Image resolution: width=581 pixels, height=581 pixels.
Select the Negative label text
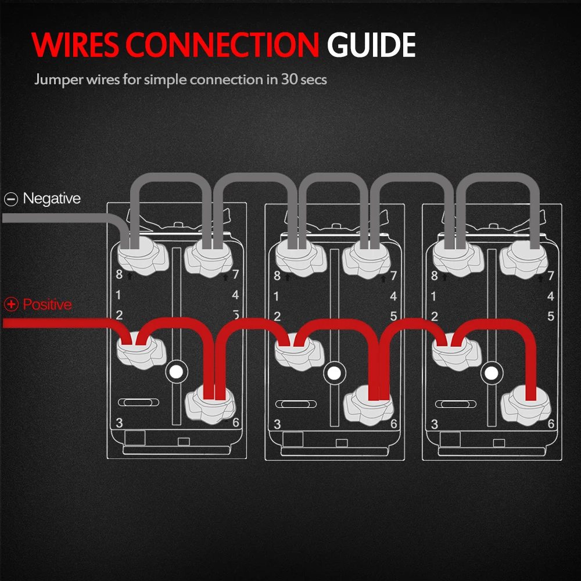pos(52,199)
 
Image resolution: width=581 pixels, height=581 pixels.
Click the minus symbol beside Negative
pos(11,199)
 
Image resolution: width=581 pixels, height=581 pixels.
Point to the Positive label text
pos(48,304)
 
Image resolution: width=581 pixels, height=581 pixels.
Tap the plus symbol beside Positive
pos(11,304)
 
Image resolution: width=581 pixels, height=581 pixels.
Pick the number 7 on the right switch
pos(551,276)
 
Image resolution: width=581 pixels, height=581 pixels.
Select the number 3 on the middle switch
pos(277,424)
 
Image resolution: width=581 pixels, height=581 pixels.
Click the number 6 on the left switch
pos(236,422)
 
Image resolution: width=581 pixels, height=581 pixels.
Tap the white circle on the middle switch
pos(333,372)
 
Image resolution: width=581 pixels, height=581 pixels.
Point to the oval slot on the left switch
pos(138,403)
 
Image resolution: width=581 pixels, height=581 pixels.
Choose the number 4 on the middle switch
pos(393,296)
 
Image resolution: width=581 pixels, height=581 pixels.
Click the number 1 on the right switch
pos(433,296)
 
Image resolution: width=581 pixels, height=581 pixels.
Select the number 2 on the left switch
pos(119,315)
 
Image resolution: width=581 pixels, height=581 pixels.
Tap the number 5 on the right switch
pos(551,317)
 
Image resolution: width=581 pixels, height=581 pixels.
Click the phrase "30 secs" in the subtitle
pos(304,79)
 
